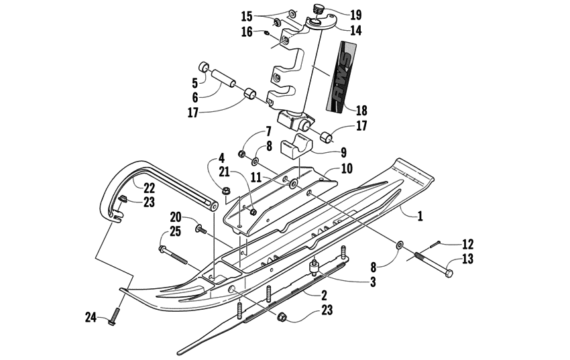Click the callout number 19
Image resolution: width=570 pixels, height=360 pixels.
coord(355,14)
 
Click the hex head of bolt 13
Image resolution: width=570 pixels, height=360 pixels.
coord(449,274)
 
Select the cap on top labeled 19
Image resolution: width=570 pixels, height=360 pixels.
coord(319,9)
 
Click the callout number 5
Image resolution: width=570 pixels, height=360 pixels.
coord(195,83)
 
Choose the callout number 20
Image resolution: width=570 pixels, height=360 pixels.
coord(176,217)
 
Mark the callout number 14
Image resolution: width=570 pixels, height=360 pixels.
coord(355,31)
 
